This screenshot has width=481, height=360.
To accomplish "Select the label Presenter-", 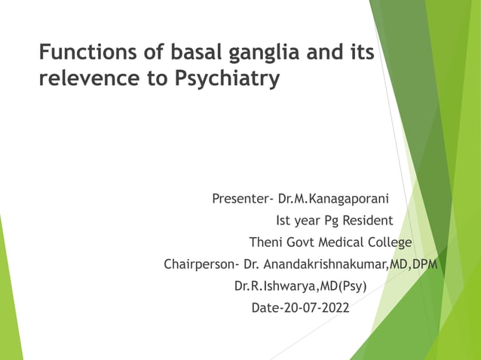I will pyautogui.click(x=243, y=200).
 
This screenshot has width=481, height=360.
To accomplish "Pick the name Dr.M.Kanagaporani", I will pyautogui.click(x=333, y=200).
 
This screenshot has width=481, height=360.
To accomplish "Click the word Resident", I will pyautogui.click(x=368, y=221).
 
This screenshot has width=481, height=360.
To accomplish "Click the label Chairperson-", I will pyautogui.click(x=202, y=265).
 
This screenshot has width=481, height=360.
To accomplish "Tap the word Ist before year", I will pyautogui.click(x=286, y=221).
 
